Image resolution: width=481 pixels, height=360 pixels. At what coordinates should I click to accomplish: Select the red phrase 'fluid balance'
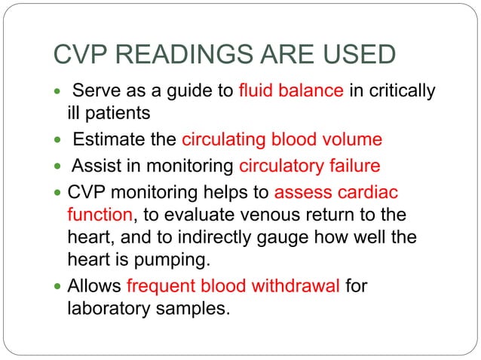[x=292, y=92]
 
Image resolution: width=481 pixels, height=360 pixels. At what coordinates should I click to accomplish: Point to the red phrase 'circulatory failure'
[x=308, y=164]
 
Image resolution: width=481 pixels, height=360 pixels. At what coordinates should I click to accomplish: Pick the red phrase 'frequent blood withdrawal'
[x=234, y=286]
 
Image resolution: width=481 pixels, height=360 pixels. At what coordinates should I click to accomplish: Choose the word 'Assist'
[x=94, y=164]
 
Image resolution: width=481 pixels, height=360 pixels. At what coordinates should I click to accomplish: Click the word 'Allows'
[x=95, y=286]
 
